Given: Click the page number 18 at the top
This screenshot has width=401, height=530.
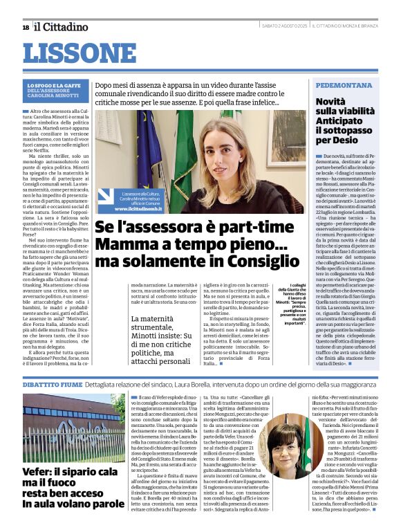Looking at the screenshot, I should tap(26, 27).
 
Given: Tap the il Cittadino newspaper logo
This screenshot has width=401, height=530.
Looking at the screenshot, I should tap(62, 27).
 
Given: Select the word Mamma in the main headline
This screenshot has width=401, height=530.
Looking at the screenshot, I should tap(124, 244).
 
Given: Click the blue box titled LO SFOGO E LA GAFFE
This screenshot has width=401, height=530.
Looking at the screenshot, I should tap(57, 93).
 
